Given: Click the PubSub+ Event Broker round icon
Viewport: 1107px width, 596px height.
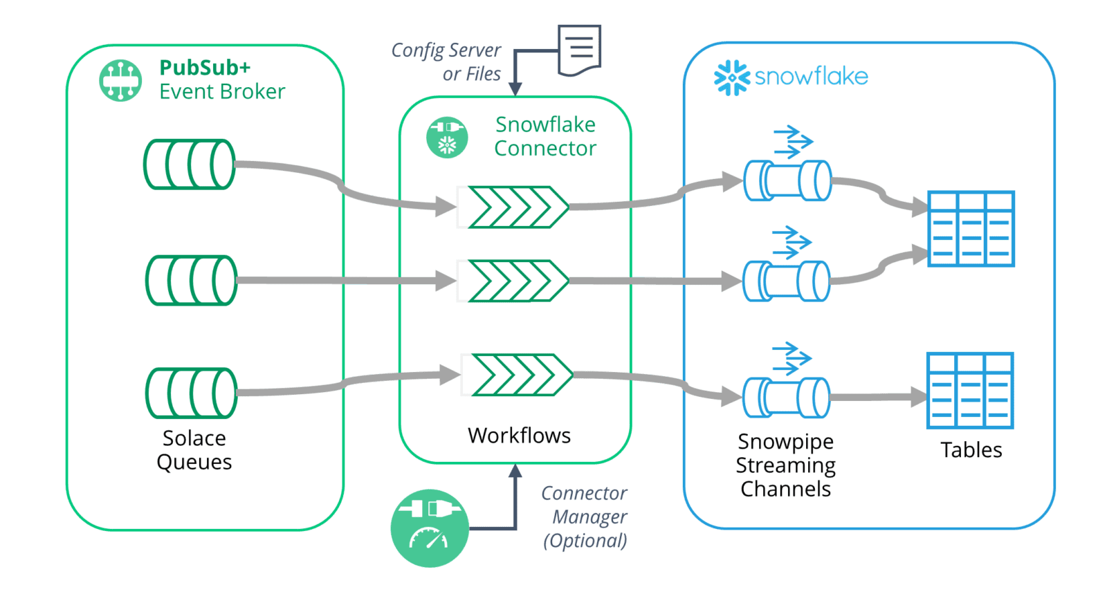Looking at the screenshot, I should point(120,80).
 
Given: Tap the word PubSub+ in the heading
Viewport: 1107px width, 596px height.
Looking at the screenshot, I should point(205,68).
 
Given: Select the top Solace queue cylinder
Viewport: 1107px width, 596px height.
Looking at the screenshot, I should point(189,165).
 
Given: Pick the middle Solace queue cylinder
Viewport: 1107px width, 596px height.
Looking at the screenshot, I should point(191,280).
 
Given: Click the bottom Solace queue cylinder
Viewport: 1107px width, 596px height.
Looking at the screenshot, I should point(191,393).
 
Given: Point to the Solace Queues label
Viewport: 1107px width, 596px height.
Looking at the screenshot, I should point(194,450).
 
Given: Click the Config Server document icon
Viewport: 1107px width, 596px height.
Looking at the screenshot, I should point(580,50).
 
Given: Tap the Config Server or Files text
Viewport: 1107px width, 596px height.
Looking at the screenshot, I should point(447,62).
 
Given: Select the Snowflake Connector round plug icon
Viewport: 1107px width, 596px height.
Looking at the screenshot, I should point(447,137).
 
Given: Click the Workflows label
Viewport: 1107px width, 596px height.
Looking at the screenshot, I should point(519,436).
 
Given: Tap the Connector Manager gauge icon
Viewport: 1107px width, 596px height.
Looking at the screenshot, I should point(430,528).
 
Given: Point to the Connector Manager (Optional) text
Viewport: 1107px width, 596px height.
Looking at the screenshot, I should point(585,516).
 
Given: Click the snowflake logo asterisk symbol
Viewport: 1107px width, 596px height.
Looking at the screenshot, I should point(731,77).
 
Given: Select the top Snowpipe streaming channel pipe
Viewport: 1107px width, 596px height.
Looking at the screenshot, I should point(787,181).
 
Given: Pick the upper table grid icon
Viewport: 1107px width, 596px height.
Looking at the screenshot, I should point(971,229).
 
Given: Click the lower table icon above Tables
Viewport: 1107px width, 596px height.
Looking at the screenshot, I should point(970,391).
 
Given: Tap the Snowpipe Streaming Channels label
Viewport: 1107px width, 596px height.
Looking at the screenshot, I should point(786,465).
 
